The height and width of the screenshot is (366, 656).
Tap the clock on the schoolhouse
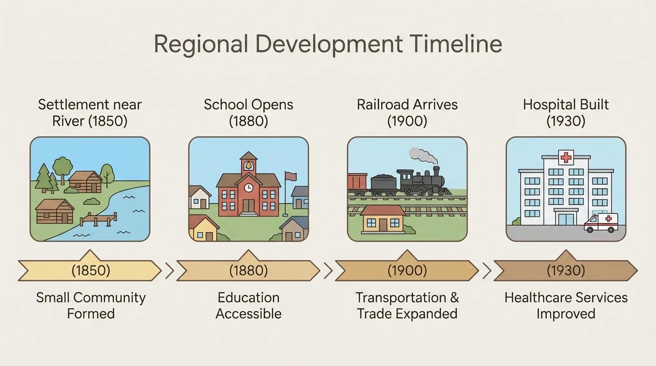click(248, 188)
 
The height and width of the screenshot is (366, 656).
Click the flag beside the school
click(290, 176)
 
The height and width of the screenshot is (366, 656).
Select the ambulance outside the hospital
click(601, 223)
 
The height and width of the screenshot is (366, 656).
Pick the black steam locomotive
click(422, 183)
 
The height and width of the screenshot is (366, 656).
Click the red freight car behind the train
click(357, 184)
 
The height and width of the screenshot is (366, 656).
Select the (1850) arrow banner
click(90, 271)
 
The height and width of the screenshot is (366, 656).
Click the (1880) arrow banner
click(248, 271)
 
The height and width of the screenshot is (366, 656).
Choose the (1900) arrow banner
click(407, 271)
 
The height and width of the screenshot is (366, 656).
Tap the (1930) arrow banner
click(565, 271)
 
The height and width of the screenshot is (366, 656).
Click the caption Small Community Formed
click(91, 305)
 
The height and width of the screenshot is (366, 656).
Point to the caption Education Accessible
click(248, 305)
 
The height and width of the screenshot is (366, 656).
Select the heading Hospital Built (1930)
click(566, 112)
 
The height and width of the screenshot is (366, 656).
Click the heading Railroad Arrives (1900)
click(407, 112)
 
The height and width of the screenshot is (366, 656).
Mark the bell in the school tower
click(248, 166)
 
